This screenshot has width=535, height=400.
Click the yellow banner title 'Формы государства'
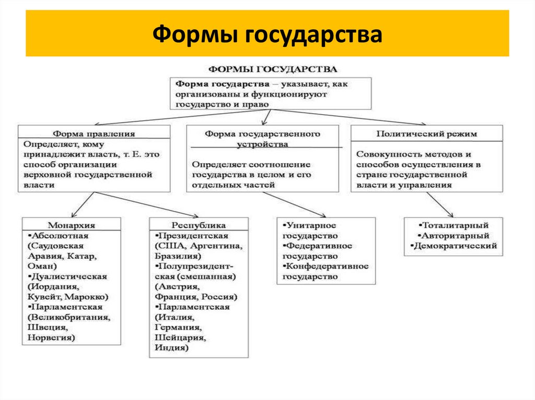pyautogui.click(x=267, y=34)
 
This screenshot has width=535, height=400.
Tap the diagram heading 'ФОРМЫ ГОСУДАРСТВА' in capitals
pyautogui.click(x=273, y=69)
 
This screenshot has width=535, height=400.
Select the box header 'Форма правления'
pyautogui.click(x=94, y=134)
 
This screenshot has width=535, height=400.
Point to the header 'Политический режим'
pyautogui.click(x=426, y=134)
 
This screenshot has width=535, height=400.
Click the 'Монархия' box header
pyautogui.click(x=72, y=225)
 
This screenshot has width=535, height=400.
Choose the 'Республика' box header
pyautogui.click(x=199, y=225)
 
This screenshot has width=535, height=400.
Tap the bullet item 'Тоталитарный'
pyautogui.click(x=453, y=225)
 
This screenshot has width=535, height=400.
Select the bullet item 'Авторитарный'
pyautogui.click(x=453, y=236)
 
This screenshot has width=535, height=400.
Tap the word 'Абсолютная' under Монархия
pyautogui.click(x=58, y=235)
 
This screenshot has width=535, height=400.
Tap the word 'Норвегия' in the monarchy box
pyautogui.click(x=51, y=337)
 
